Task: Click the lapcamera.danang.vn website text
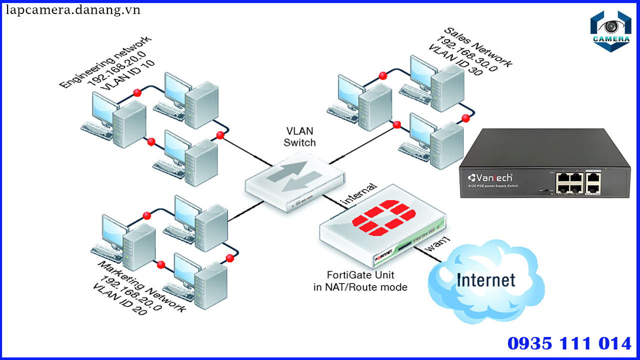click(73, 10)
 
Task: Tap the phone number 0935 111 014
click(569, 343)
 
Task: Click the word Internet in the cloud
click(485, 280)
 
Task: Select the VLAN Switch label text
click(300, 136)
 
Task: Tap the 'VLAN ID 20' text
click(120, 300)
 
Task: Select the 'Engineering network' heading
click(105, 62)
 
